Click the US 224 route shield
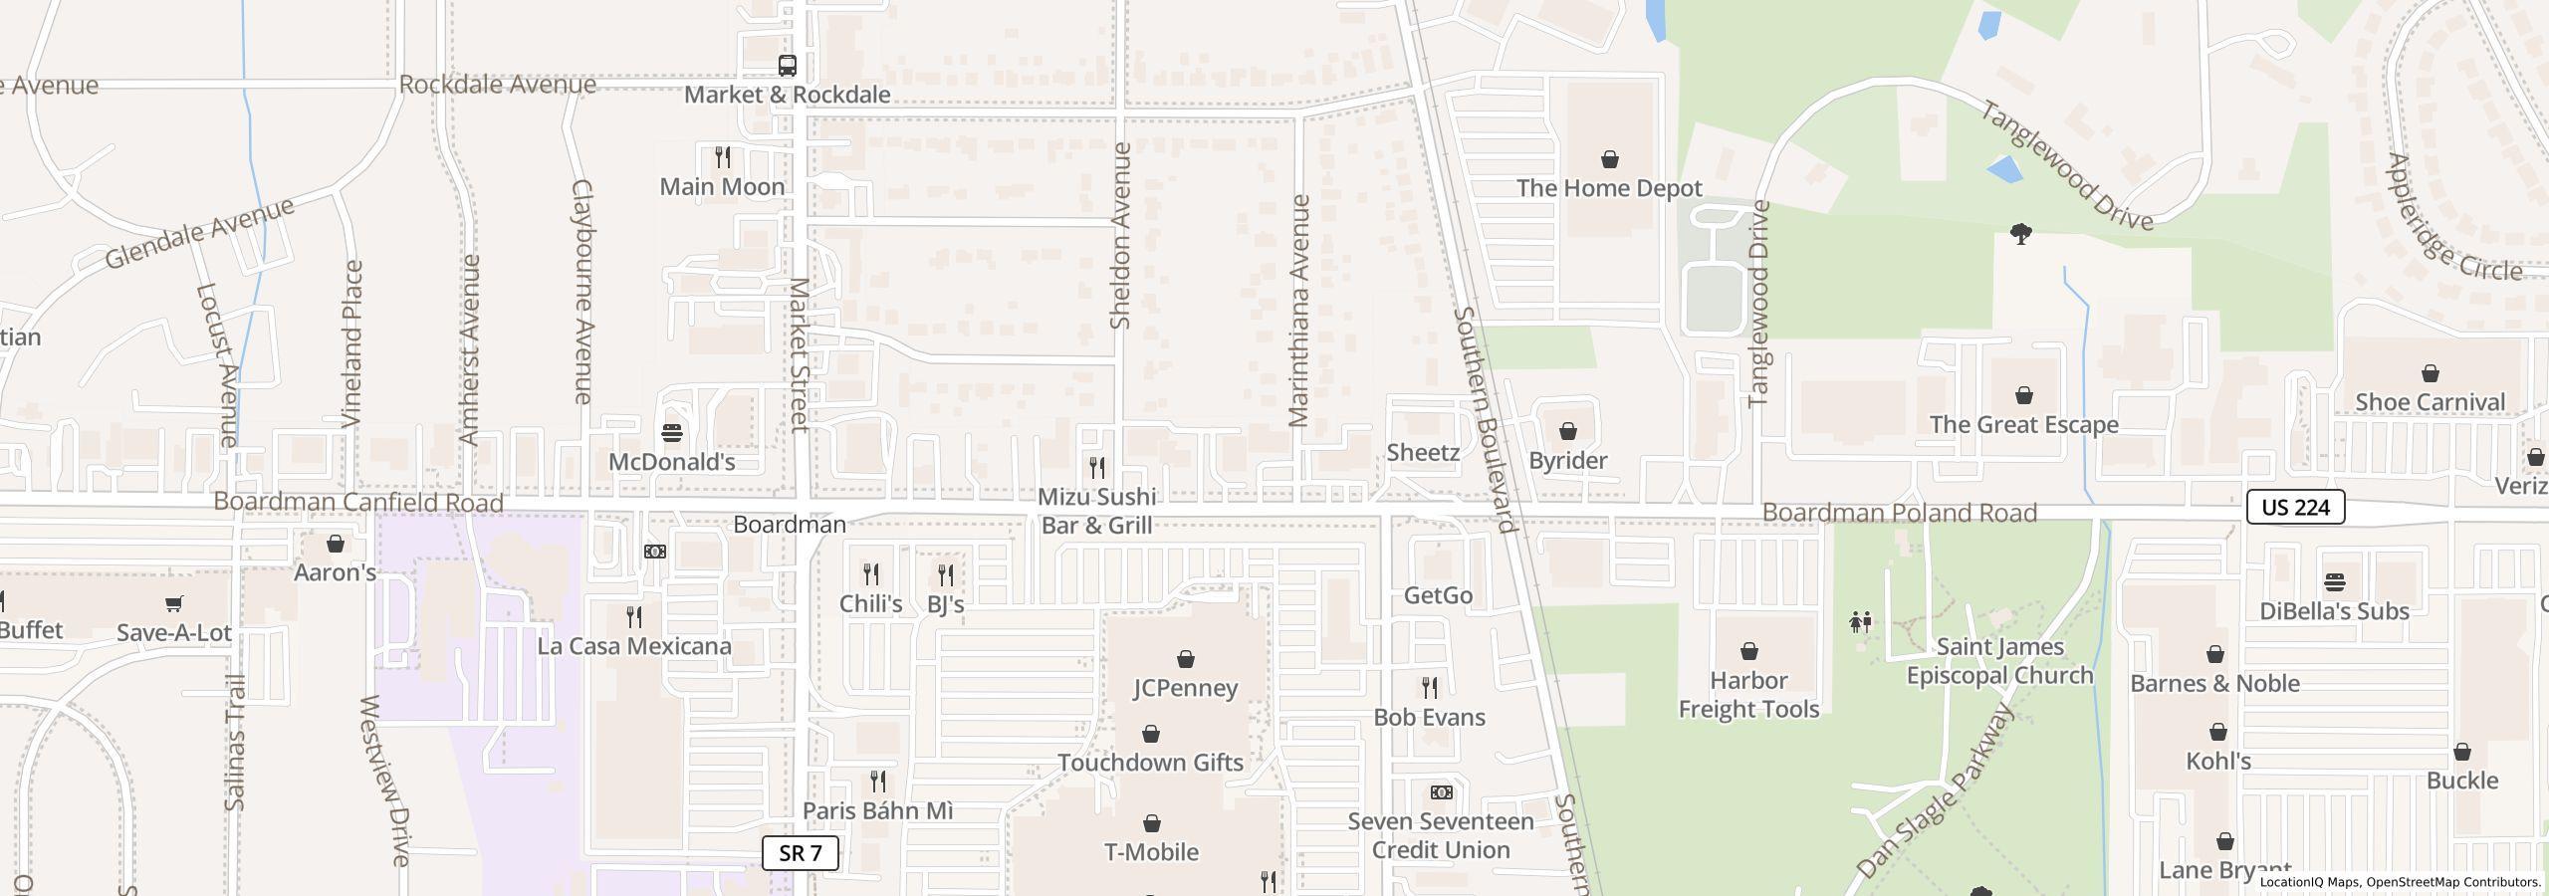click(x=2295, y=507)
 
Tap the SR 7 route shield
click(x=800, y=853)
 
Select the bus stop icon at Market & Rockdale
click(x=787, y=66)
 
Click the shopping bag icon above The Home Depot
click(x=1609, y=159)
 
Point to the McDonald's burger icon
click(x=672, y=433)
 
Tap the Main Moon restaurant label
click(x=722, y=186)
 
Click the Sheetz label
click(x=1423, y=452)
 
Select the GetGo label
click(x=1438, y=595)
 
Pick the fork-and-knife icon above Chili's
click(x=870, y=574)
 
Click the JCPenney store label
click(x=1185, y=688)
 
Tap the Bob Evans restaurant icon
click(x=1429, y=688)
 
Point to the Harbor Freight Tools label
click(x=1748, y=695)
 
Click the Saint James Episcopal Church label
click(x=1999, y=661)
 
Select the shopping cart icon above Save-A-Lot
click(x=173, y=603)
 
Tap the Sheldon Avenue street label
click(x=1120, y=236)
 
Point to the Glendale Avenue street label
click(x=200, y=233)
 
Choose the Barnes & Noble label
click(x=2214, y=683)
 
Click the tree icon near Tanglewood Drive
click(x=2020, y=234)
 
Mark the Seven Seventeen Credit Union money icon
click(x=1441, y=792)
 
